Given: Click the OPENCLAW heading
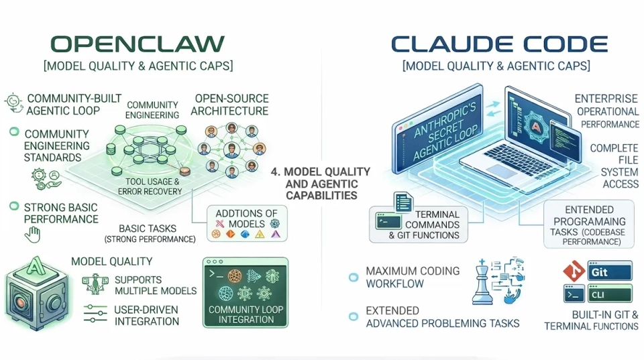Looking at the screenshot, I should point(138,44).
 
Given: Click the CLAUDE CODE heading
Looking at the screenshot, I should point(499,44).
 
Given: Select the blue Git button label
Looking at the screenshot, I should point(610,272).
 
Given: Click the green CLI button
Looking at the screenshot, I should point(610,294).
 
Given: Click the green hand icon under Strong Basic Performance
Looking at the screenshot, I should point(32,235).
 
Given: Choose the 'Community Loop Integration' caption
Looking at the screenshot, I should point(246,315).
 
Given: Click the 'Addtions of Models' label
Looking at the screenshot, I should point(246,218).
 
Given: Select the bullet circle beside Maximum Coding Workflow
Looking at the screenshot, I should point(353,277).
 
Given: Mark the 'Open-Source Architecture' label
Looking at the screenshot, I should point(229,105).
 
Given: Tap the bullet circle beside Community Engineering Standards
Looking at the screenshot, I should point(13,133).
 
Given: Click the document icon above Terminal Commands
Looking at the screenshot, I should point(403,202).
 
